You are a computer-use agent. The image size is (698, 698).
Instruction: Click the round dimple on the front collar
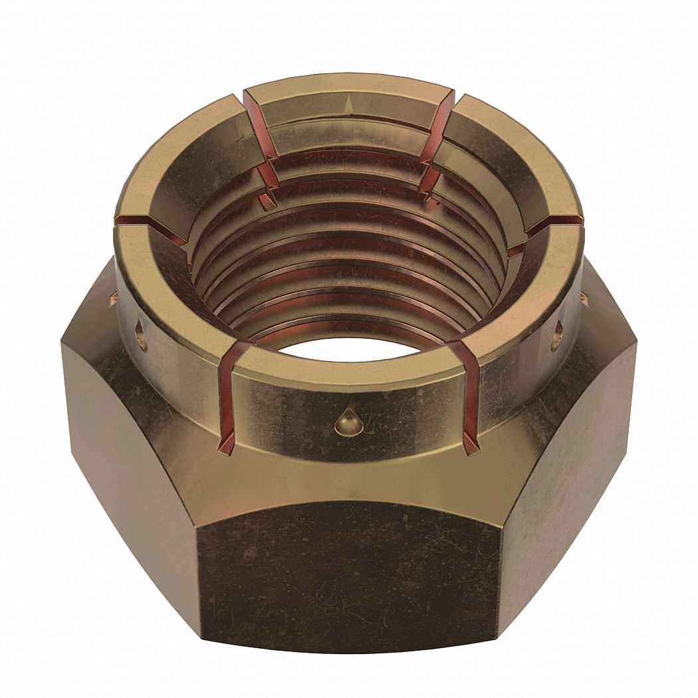343,422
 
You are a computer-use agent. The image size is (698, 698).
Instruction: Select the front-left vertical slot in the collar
228,399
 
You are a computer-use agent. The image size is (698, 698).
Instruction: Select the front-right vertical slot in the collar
471,399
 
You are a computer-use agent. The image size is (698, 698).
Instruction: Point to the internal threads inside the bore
349,266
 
